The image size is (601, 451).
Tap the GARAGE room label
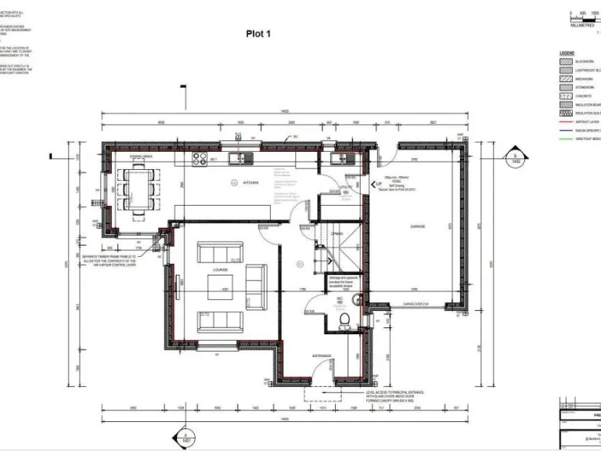pyautogui.click(x=417, y=226)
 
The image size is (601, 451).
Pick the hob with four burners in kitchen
pyautogui.click(x=200, y=159)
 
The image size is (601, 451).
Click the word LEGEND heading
pyautogui.click(x=567, y=52)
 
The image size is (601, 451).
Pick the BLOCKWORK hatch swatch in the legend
pyautogui.click(x=566, y=61)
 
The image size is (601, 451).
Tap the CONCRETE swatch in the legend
pyautogui.click(x=566, y=96)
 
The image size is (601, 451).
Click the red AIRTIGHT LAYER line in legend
pyautogui.click(x=566, y=121)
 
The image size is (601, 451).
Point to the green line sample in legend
pyautogui.click(x=566, y=139)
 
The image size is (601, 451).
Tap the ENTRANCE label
pyautogui.click(x=322, y=356)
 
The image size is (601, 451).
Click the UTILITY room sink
pyautogui.click(x=338, y=160)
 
